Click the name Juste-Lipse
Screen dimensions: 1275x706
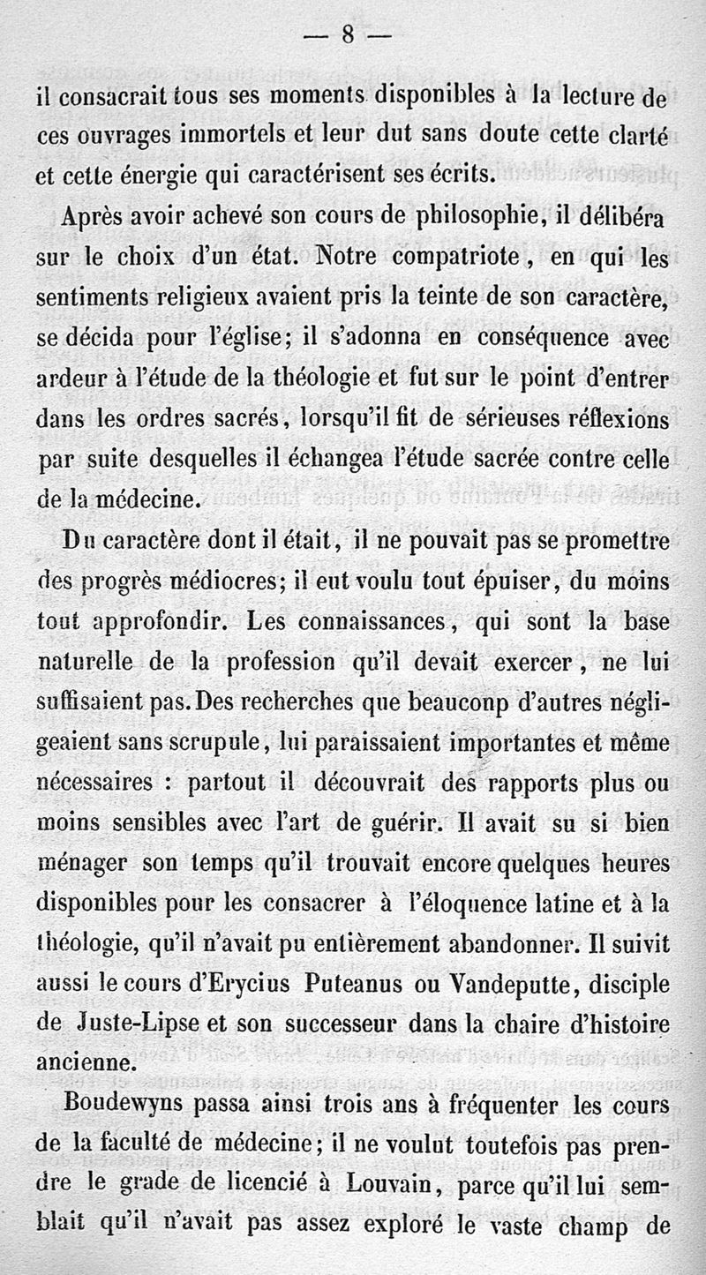(x=120, y=1025)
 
